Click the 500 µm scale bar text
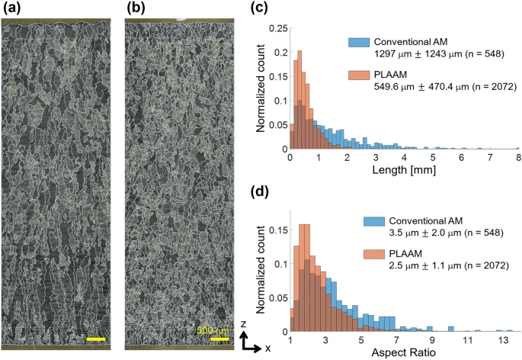pos(213,330)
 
